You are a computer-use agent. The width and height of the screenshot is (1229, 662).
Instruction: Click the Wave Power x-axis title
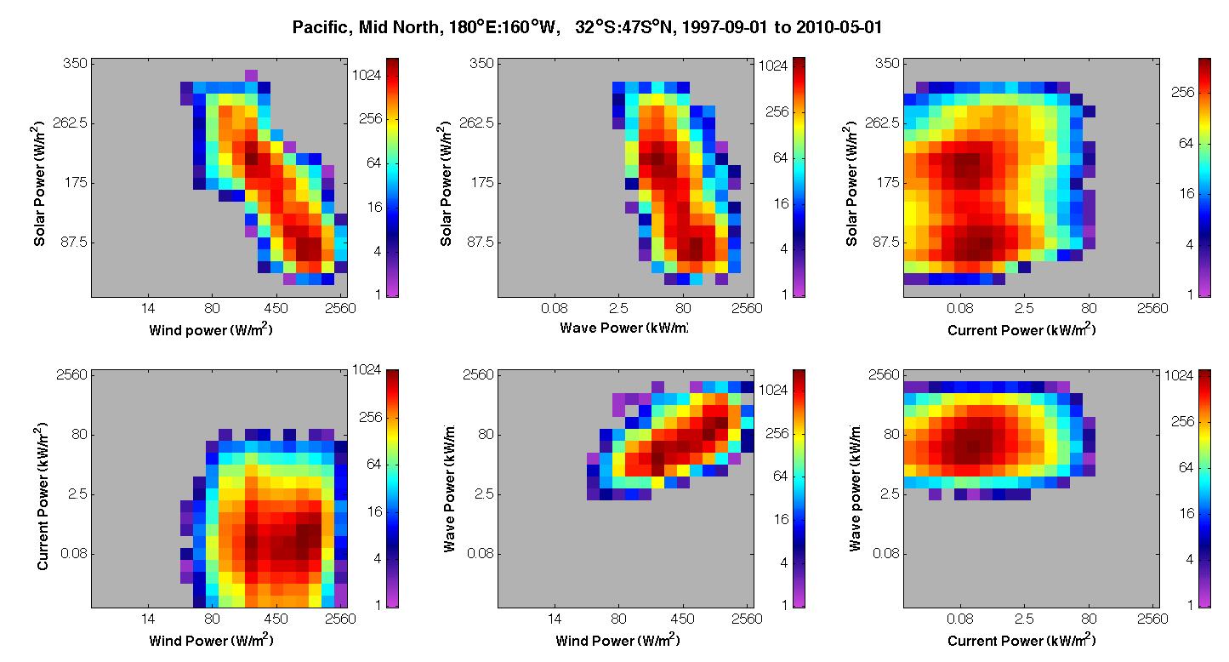(x=623, y=328)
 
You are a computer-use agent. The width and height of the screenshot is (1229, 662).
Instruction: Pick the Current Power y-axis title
(x=43, y=496)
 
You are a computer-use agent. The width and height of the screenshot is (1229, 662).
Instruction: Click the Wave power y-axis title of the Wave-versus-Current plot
(x=855, y=488)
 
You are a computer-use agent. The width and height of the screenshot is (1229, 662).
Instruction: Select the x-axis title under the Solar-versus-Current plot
(x=1021, y=329)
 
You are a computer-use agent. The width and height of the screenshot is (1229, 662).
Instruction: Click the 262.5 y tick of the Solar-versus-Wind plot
(x=71, y=123)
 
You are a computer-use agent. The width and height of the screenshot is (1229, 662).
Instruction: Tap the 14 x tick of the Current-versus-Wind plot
(x=148, y=619)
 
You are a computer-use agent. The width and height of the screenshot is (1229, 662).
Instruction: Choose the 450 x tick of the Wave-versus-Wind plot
(x=682, y=619)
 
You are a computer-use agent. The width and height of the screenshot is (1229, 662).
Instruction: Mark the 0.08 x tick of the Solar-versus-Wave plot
(x=555, y=309)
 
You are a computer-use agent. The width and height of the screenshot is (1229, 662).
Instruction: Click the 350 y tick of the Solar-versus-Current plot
(x=887, y=63)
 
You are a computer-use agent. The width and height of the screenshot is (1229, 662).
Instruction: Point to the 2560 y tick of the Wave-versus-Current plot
(x=884, y=374)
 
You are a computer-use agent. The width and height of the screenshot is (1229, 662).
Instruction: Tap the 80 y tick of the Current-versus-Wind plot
(x=79, y=434)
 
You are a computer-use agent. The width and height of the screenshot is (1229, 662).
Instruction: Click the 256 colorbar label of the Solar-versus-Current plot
(x=1182, y=92)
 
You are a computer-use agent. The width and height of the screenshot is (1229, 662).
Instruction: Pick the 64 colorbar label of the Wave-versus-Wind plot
(x=780, y=476)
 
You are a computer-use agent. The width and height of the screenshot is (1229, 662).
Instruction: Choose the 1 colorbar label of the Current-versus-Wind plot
(x=378, y=605)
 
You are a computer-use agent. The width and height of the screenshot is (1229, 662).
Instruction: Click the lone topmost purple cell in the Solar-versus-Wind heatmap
(x=251, y=75)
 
